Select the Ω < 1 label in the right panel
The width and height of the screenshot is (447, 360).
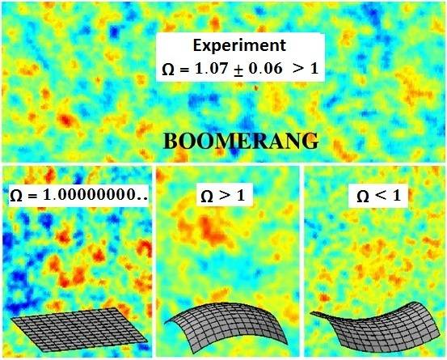click(373, 194)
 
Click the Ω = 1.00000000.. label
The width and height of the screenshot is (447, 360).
click(78, 195)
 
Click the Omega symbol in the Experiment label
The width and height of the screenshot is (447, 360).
click(167, 70)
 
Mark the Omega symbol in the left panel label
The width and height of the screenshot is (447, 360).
click(15, 195)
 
